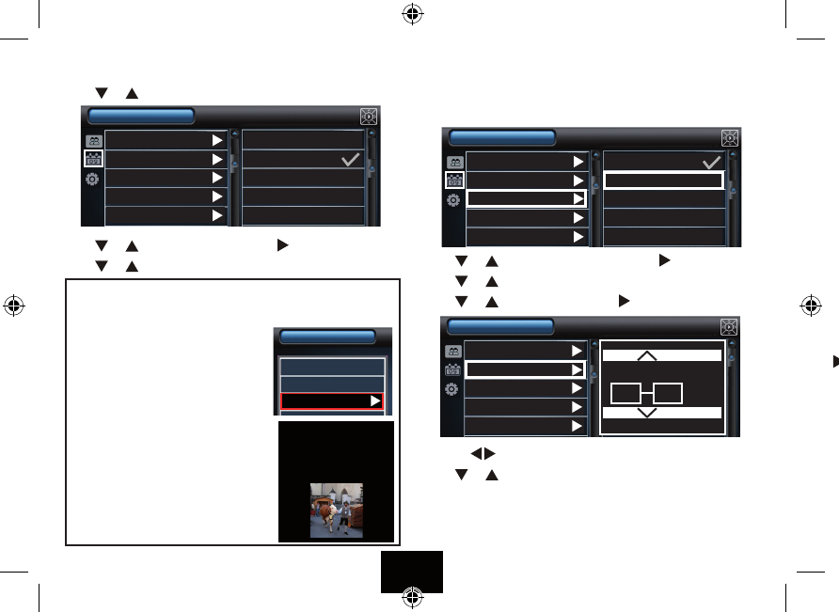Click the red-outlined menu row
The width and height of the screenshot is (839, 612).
tap(332, 400)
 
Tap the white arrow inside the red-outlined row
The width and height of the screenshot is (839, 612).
tap(375, 400)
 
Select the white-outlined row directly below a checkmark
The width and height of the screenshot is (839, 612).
tap(663, 180)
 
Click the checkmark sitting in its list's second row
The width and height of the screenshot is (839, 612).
tap(350, 160)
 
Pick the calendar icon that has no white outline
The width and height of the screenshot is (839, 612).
tap(453, 369)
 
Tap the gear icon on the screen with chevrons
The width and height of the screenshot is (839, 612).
tap(453, 389)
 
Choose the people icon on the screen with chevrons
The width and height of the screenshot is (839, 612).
tap(453, 350)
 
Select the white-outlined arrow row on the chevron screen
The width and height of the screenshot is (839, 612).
tap(526, 369)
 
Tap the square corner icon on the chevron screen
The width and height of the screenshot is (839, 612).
tap(729, 326)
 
